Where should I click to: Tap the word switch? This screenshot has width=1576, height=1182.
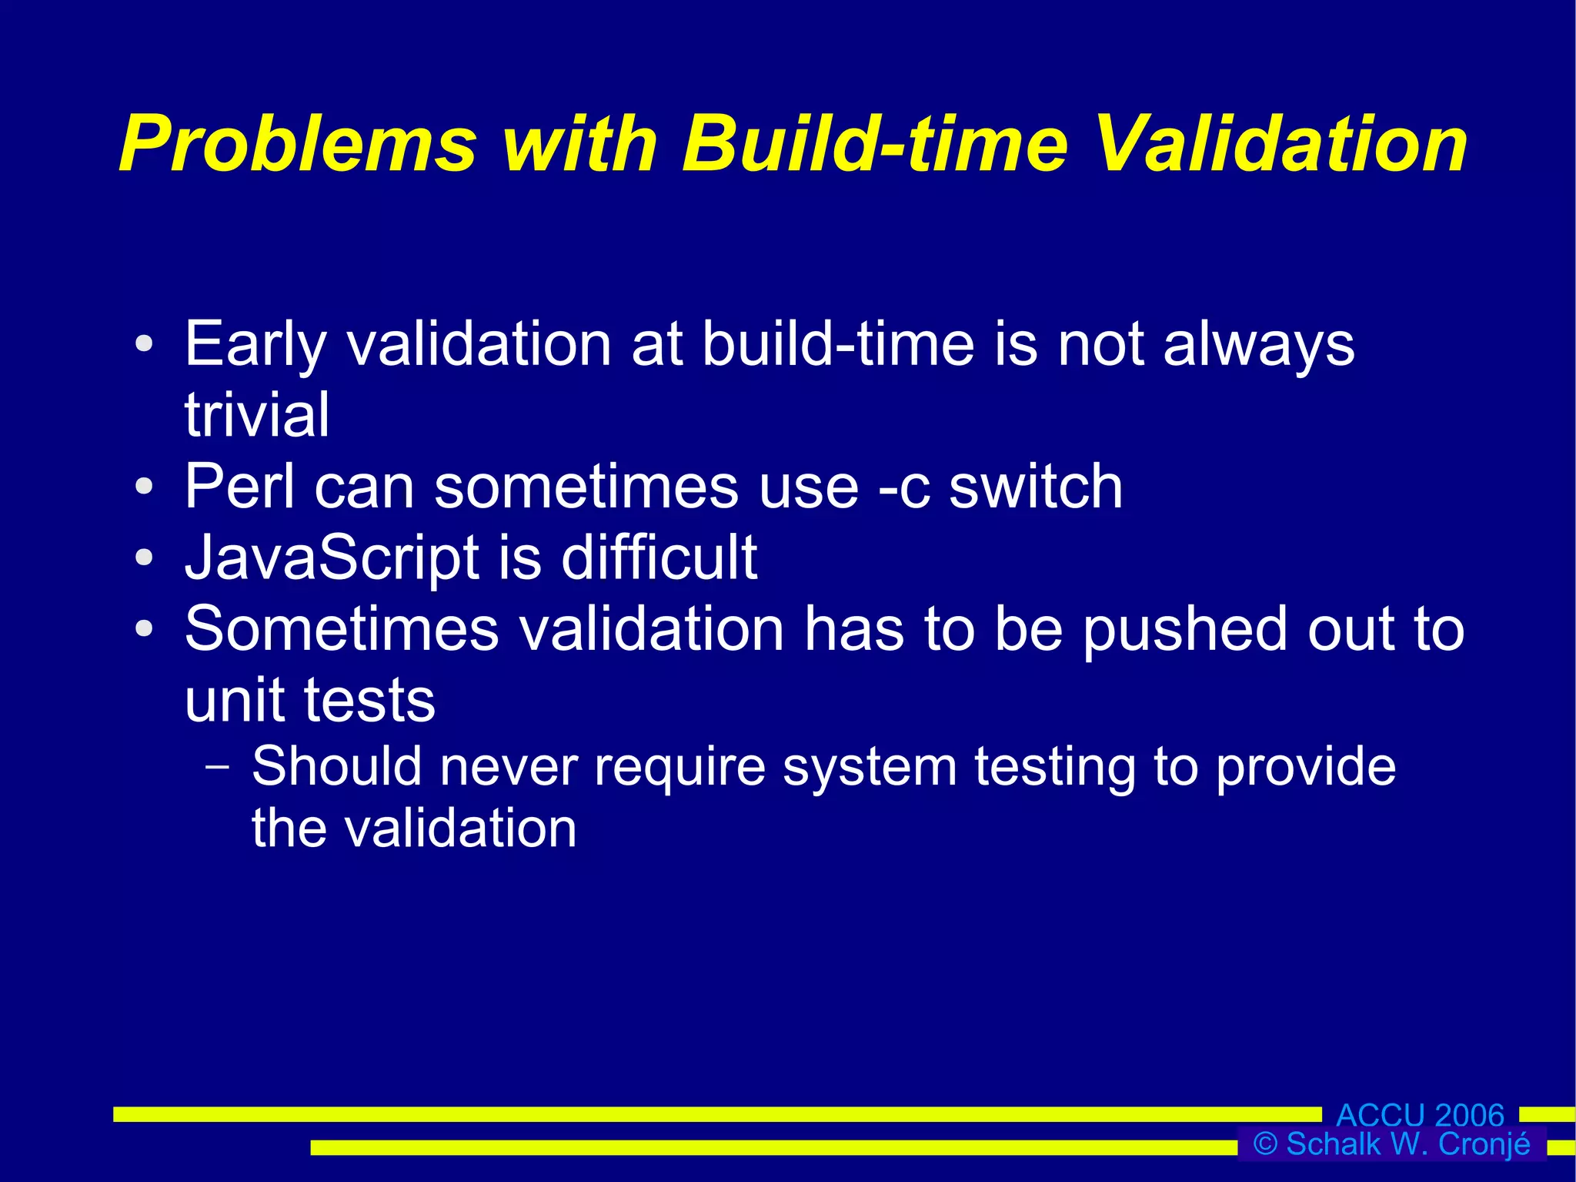pos(1035,487)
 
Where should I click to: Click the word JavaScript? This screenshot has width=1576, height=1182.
pos(332,558)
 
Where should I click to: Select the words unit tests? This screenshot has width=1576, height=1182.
pos(310,700)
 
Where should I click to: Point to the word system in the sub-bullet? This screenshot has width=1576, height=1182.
pos(870,768)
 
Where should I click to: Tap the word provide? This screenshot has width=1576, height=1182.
pos(1305,768)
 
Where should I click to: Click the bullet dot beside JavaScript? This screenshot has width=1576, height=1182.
pos(144,558)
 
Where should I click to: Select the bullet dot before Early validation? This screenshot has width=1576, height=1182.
pos(144,344)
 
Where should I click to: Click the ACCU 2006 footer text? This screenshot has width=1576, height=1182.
pos(1420,1114)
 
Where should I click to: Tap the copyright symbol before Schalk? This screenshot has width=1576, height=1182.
pos(1265,1143)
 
